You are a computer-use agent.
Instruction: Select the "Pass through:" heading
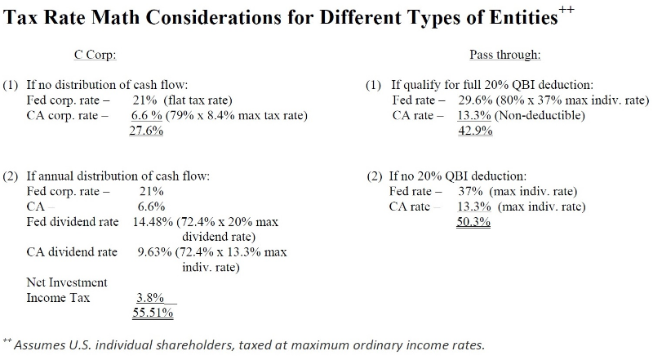tap(505, 56)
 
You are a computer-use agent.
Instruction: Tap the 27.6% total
tap(147, 131)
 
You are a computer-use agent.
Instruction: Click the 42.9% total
tap(476, 131)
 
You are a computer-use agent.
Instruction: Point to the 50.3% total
tap(473, 221)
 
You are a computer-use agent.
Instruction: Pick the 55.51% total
tap(153, 312)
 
